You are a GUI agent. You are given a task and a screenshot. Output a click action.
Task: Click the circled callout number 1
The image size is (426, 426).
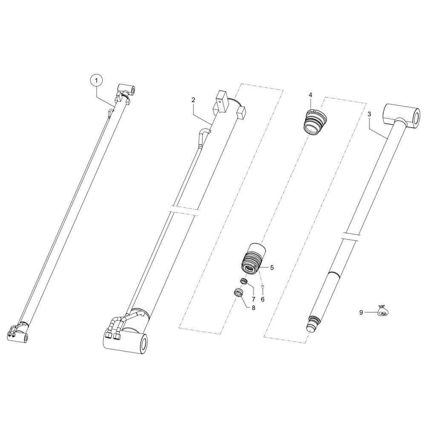95,81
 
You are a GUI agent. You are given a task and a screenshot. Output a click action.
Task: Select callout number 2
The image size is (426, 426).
193,100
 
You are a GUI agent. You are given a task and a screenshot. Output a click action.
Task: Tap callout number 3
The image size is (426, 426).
369,114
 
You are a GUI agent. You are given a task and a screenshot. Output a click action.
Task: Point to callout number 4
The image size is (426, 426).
310,95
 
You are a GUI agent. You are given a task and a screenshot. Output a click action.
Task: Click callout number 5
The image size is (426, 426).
272,268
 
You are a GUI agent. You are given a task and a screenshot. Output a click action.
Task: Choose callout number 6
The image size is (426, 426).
262,299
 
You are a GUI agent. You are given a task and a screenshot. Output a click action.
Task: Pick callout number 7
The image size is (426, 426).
253,299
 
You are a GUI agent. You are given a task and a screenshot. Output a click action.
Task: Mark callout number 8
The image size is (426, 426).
253,308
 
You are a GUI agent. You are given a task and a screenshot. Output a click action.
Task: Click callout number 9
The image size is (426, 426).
361,313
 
